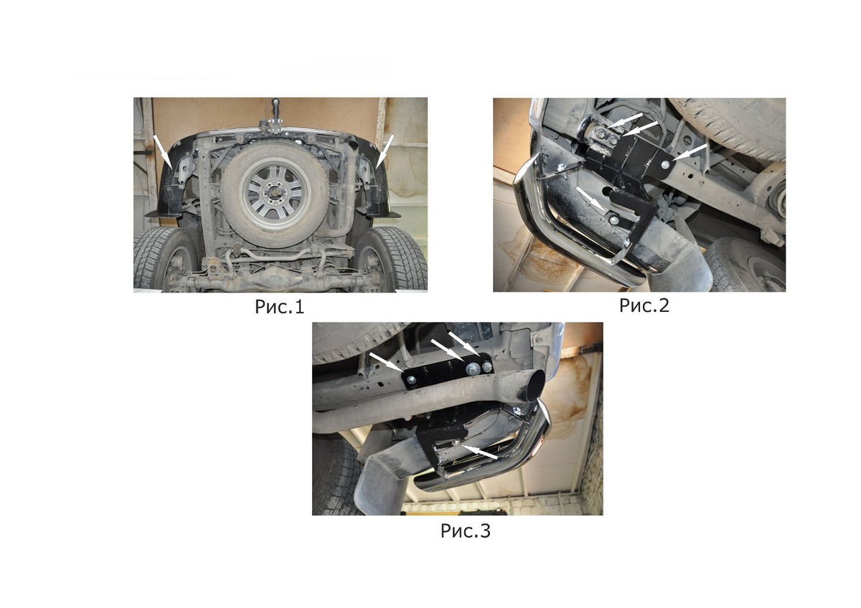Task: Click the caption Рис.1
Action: (279, 307)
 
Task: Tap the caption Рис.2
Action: (644, 305)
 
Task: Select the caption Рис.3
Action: (465, 531)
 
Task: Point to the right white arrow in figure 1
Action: (385, 151)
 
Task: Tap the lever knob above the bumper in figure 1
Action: (276, 103)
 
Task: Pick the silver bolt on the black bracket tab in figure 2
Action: (665, 165)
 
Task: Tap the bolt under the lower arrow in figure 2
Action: (614, 220)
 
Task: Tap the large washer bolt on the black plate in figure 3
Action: (471, 369)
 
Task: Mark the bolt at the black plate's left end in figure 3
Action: (411, 380)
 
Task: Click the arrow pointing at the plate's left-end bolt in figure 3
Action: (386, 362)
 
